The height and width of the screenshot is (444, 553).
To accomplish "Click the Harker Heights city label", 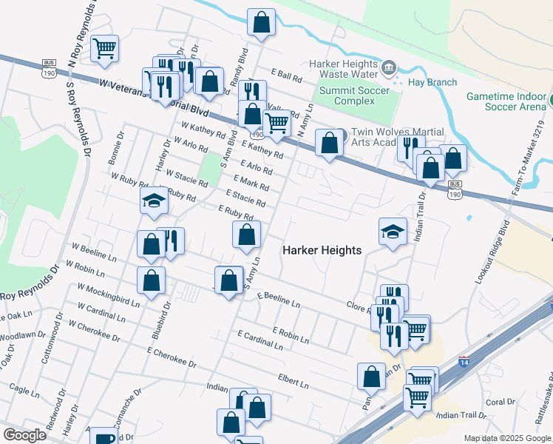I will pos(322,250).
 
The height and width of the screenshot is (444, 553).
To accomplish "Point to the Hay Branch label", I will pos(432,83).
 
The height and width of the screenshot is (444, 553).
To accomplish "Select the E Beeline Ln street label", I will pos(279,299).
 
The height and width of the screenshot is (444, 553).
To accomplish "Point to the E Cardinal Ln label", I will pos(260,340).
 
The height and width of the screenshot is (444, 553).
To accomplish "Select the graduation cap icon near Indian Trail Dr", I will pos(393,232).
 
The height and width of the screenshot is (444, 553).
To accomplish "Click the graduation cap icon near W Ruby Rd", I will pos(154,201).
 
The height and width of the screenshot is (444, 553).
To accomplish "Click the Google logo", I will pos(25,435).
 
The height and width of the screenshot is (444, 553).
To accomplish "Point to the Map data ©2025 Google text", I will pos(507,438).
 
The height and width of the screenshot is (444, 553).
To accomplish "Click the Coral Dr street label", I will pos(501,403).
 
